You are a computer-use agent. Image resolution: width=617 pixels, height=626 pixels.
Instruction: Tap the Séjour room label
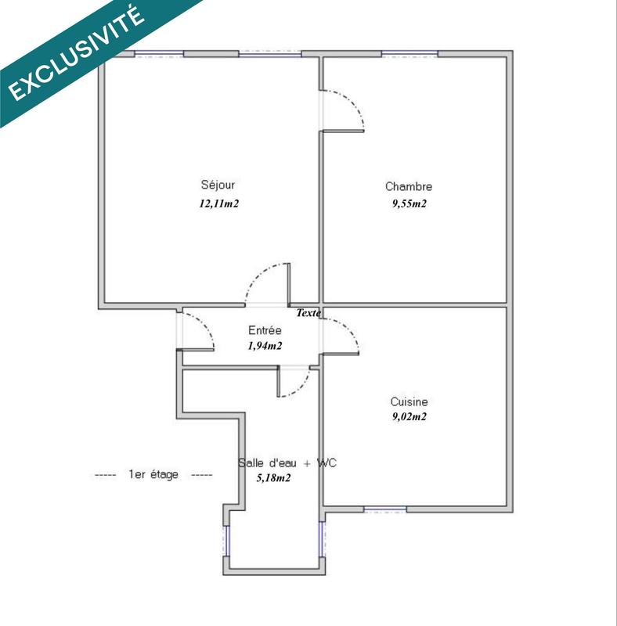click(x=218, y=185)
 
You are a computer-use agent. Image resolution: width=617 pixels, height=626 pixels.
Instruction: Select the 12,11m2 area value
click(x=218, y=203)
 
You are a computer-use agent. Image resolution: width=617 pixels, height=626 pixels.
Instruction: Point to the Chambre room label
click(x=408, y=186)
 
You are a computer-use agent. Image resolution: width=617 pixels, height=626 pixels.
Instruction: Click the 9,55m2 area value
click(x=409, y=203)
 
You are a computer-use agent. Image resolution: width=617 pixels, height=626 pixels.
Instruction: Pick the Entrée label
click(x=265, y=330)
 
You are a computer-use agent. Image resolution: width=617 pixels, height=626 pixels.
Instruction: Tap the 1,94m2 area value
click(x=265, y=346)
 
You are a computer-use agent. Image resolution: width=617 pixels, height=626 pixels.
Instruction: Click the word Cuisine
click(x=409, y=401)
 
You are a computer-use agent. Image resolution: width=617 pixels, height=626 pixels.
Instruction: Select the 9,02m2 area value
click(x=409, y=417)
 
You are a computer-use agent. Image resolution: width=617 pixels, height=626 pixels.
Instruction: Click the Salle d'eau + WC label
click(x=287, y=463)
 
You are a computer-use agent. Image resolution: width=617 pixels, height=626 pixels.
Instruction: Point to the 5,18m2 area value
click(x=273, y=478)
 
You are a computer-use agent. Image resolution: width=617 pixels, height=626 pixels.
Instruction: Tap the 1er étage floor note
click(x=153, y=475)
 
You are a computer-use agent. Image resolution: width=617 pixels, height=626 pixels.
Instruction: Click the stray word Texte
click(x=308, y=313)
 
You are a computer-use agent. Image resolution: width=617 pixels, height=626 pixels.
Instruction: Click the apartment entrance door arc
click(x=203, y=327)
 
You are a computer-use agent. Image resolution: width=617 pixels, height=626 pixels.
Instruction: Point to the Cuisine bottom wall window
click(x=384, y=510)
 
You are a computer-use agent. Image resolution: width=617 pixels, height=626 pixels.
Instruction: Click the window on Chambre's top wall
click(x=410, y=54)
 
